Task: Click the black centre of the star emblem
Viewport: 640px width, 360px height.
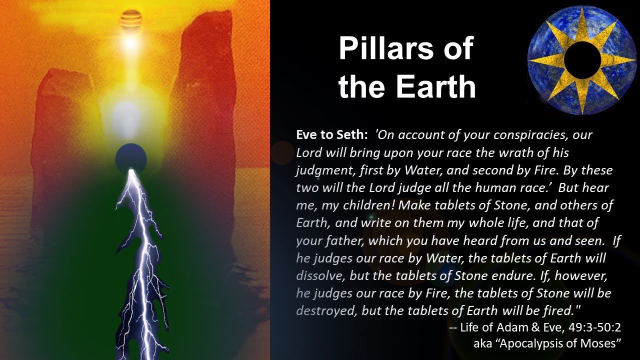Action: (x=581, y=60)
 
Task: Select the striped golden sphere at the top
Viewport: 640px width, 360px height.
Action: (x=131, y=20)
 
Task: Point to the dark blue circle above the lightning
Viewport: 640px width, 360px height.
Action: (x=131, y=157)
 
